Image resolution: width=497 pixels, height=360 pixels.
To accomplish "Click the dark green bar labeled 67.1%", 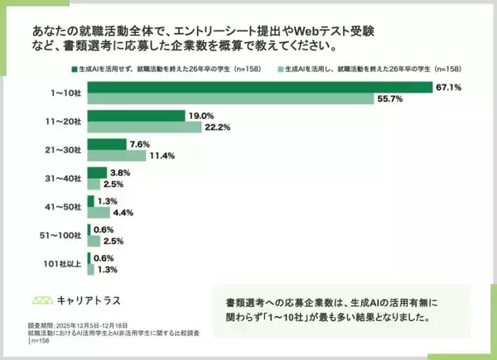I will pyautogui.click(x=259, y=87).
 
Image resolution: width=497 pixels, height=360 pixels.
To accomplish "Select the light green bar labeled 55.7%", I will pyautogui.click(x=229, y=99).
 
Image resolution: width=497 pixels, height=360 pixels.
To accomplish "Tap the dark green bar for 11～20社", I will pyautogui.click(x=137, y=116).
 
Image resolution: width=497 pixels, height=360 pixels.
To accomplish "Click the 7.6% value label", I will pyautogui.click(x=139, y=144).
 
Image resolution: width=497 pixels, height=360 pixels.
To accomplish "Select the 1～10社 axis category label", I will pyautogui.click(x=66, y=93).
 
